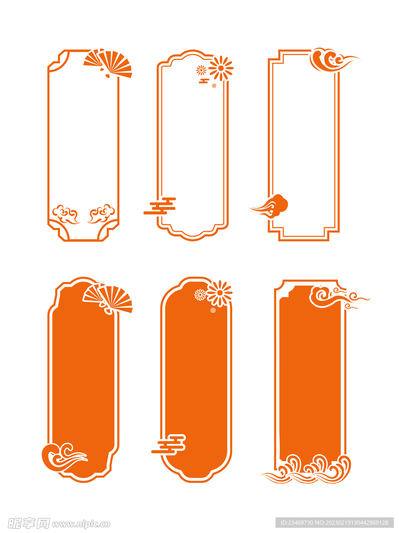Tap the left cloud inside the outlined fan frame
65,214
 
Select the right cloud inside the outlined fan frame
102,213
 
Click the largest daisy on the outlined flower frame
221,68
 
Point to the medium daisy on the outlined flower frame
201,70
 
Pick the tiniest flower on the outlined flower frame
214,85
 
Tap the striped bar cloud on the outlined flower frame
160,206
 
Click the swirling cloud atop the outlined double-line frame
332,60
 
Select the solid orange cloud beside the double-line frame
270,206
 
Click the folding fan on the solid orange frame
107,298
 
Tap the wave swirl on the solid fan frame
63,457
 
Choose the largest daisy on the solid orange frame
220,293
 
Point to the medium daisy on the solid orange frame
201,295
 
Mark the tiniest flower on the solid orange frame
213,310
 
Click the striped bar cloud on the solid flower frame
169,445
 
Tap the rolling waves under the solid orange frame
306,469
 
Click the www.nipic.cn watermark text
81,524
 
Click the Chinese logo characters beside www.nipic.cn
29,523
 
